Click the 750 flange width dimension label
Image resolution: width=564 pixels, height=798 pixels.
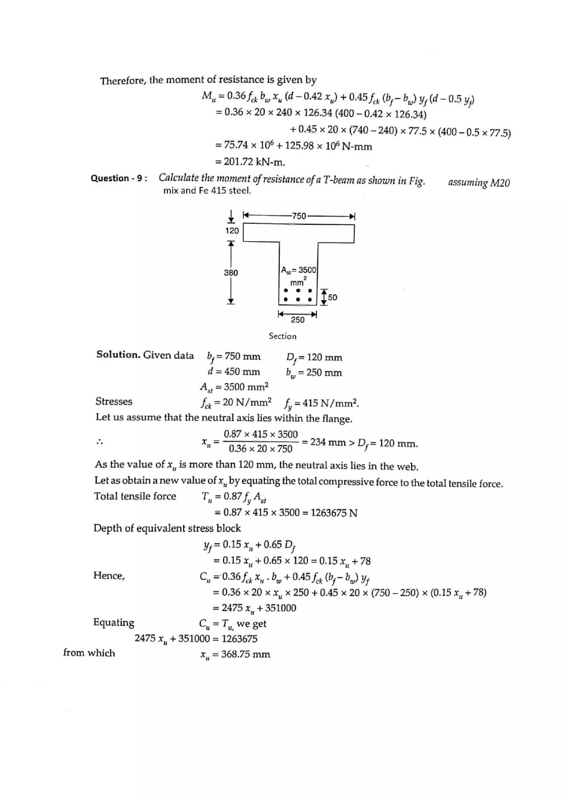point(299,216)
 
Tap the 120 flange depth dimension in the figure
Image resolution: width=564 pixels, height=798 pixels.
point(232,230)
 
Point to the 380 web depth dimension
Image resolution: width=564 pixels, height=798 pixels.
point(231,273)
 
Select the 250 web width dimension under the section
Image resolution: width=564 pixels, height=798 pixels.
point(297,320)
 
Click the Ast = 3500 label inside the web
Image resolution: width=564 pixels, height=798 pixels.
point(299,270)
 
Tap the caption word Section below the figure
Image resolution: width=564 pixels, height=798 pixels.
point(282,336)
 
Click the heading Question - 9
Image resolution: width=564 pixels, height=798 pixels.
point(118,178)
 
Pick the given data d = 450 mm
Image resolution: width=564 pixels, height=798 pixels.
point(234,371)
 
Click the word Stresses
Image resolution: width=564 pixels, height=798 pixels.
point(114,401)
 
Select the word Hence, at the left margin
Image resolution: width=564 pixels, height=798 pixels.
point(109,576)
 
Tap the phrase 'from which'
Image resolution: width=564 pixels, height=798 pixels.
point(89,653)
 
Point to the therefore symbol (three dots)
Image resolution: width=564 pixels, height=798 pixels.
point(100,442)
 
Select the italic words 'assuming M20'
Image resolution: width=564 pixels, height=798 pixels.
point(479,183)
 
